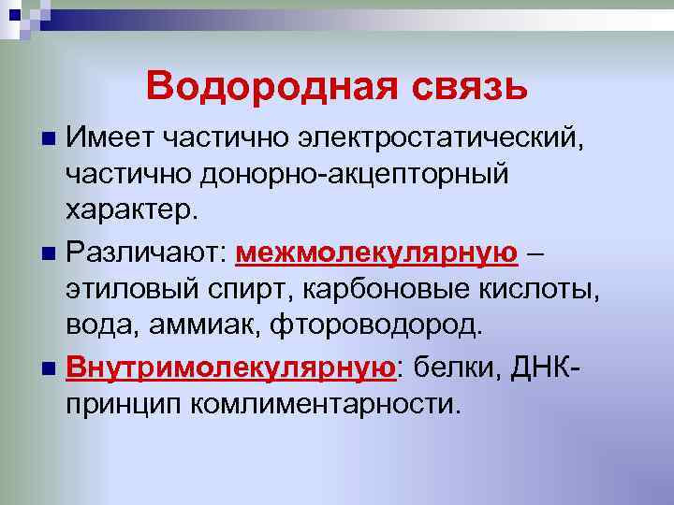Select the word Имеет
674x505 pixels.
[110, 140]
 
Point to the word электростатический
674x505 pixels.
[423, 140]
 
